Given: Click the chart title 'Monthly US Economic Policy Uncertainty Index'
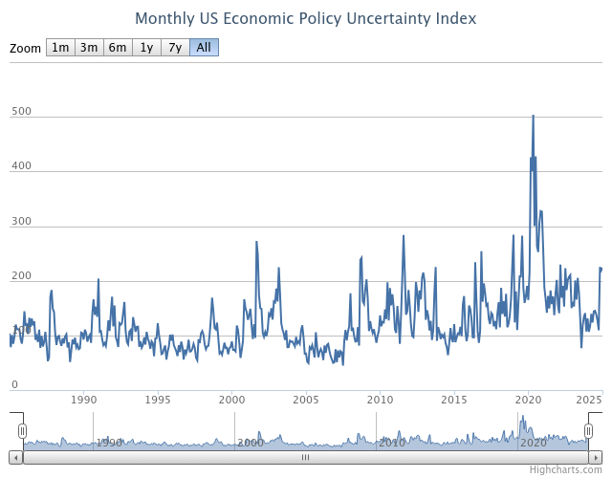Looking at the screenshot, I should tap(305, 18).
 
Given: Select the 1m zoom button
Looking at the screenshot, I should tap(60, 48).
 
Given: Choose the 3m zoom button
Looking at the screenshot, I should tap(89, 48).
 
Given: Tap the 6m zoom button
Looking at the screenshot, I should tap(118, 48).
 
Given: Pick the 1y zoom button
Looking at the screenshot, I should tap(146, 48).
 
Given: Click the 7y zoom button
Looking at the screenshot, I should tap(175, 48).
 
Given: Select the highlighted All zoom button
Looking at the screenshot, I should tap(204, 48).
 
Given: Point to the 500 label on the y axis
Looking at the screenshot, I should tap(21, 112).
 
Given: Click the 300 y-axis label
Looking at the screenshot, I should tap(21, 222).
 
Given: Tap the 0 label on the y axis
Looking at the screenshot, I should tap(14, 385).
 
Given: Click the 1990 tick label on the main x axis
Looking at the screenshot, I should tap(84, 400).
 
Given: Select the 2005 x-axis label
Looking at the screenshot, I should tap(306, 400).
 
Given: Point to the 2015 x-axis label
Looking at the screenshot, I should tap(454, 400).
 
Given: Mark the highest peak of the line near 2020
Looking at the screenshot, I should tap(533, 116).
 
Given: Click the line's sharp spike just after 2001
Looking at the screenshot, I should tap(256, 243).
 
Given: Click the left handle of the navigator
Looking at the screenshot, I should tap(23, 431).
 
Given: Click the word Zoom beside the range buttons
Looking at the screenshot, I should tap(26, 48).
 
